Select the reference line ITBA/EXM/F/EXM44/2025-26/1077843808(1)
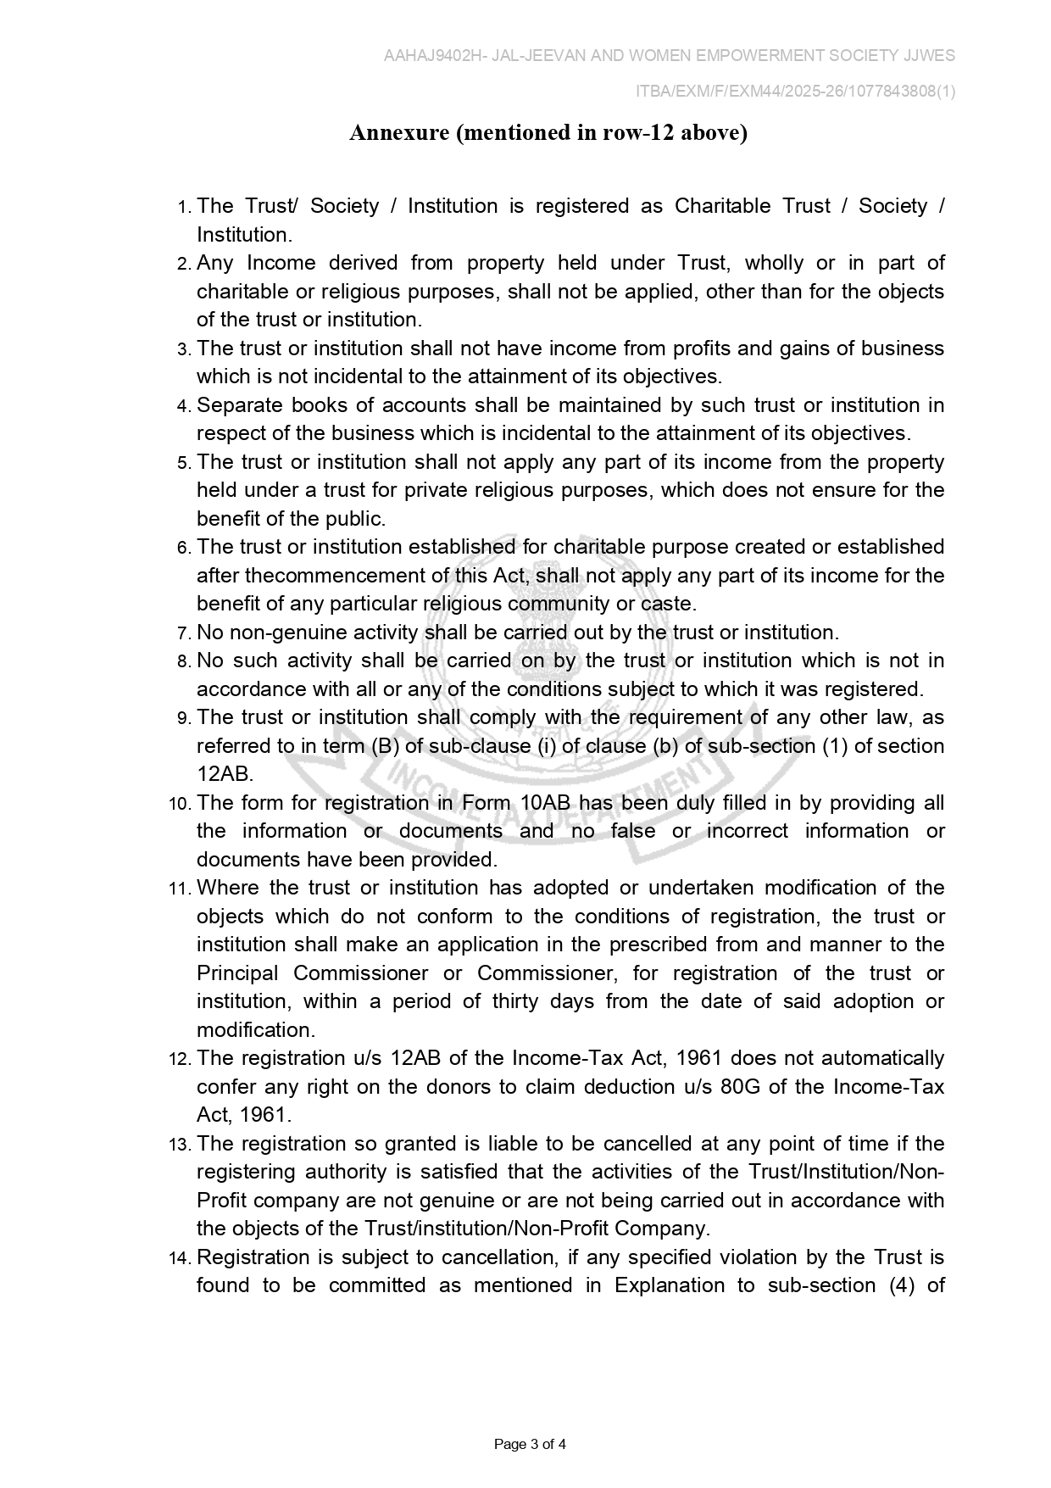coord(795,92)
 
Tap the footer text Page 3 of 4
coord(530,1444)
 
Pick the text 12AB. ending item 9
coord(225,774)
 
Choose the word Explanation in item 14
coord(669,1285)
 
